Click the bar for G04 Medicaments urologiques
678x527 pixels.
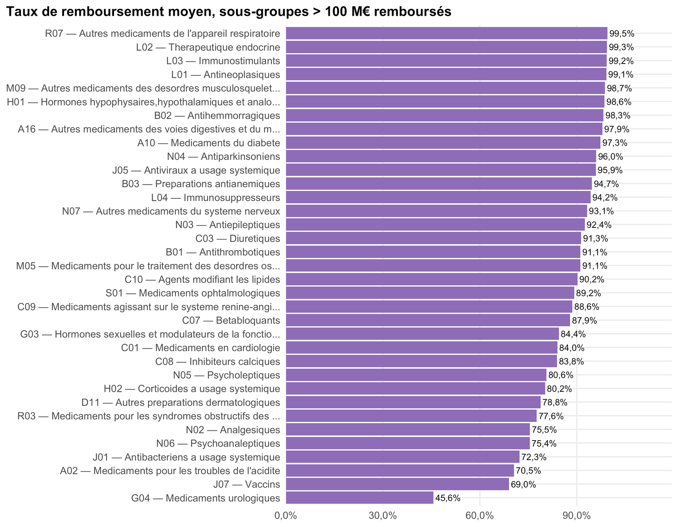click(359, 498)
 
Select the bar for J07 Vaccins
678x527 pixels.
click(397, 484)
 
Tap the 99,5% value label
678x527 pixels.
click(622, 33)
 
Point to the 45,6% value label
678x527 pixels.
click(447, 498)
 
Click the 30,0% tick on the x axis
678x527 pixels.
click(383, 516)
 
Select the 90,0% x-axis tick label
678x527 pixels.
click(577, 516)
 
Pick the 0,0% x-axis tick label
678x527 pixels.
click(286, 516)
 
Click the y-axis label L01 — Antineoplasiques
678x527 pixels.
click(225, 75)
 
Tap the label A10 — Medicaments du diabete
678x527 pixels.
click(209, 143)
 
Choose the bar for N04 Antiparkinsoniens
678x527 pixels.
click(441, 156)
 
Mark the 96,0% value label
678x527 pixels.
click(610, 157)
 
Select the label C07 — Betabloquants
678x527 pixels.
click(231, 320)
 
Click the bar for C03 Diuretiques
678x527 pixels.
click(433, 238)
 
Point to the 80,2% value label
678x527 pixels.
click(559, 389)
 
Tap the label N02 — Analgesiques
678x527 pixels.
click(233, 430)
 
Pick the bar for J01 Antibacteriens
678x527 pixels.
click(403, 457)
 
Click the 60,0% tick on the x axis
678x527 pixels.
click(480, 516)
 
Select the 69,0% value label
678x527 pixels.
click(523, 484)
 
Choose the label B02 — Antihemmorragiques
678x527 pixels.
click(217, 115)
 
